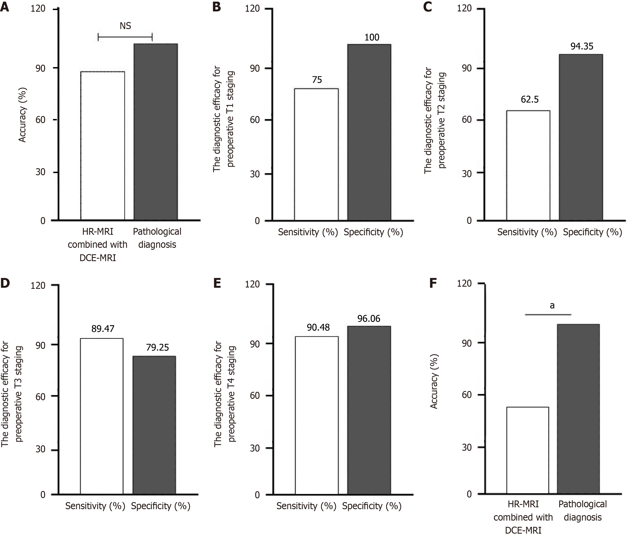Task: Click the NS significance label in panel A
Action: tap(125, 26)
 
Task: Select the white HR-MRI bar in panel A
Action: tap(103, 146)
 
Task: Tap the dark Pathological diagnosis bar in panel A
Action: tap(156, 132)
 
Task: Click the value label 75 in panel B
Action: tap(317, 80)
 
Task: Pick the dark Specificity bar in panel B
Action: tap(369, 132)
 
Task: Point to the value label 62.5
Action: tap(529, 99)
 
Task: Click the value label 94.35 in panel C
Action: tap(582, 46)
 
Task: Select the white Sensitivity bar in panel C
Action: tap(528, 165)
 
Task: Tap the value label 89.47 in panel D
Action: tap(103, 329)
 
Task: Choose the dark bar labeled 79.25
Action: tap(154, 425)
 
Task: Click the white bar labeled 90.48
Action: tap(317, 415)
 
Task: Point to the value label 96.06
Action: tap(369, 318)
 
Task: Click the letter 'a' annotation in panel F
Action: tap(552, 306)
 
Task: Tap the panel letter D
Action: tap(5, 283)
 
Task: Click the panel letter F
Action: tap(433, 283)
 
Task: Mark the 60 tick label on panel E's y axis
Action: tap(255, 396)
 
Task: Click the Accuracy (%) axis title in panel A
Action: tap(23, 115)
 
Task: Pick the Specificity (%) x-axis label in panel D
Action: tap(161, 506)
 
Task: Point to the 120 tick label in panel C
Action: tap(464, 8)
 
